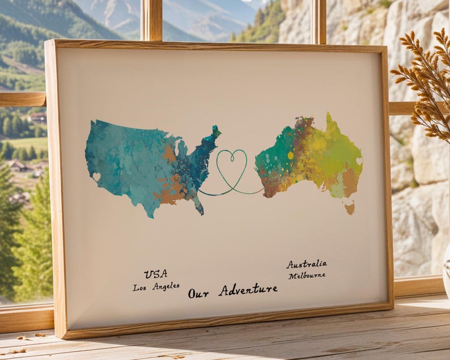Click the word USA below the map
coord(155,274)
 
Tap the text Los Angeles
coord(156,287)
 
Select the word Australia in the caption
coord(306,264)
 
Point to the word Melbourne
coord(307,276)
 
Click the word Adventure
coord(248,290)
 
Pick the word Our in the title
coord(198,293)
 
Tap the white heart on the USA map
coord(96,177)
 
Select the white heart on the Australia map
coord(359,162)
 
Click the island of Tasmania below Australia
coord(350,208)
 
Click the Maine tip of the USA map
coord(215,132)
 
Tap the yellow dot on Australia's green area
coord(291,155)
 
